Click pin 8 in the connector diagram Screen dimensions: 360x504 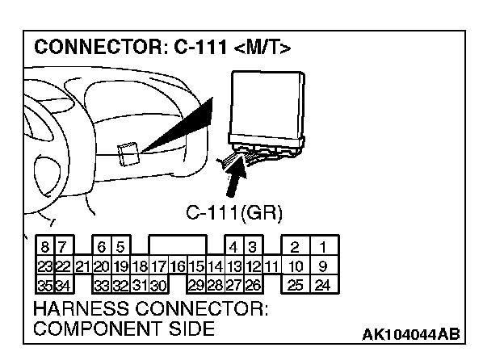click(x=46, y=246)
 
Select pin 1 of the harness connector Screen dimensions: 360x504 click(x=323, y=246)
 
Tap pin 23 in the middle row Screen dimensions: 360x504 click(x=45, y=265)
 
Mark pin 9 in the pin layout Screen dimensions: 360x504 click(x=323, y=265)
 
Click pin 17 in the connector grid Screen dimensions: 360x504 click(x=157, y=265)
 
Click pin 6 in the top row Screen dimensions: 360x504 click(x=102, y=246)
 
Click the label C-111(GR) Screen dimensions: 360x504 click(x=234, y=213)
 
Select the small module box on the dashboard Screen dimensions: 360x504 click(x=126, y=153)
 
